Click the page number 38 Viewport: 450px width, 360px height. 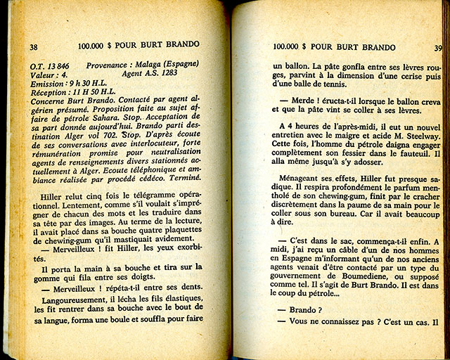(x=33, y=47)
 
